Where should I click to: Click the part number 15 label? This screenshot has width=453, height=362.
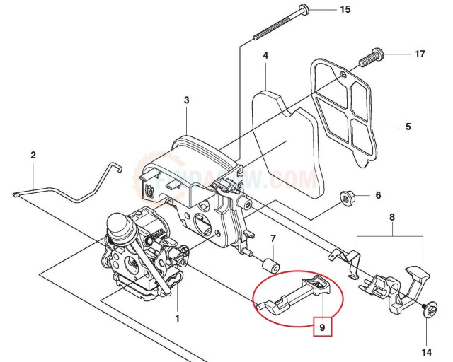click(345, 9)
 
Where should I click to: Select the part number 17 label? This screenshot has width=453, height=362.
click(420, 54)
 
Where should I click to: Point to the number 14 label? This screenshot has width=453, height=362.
click(427, 351)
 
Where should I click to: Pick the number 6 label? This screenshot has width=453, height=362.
click(378, 195)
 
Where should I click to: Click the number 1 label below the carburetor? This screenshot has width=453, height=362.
click(177, 318)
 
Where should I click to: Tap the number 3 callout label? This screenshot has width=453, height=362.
click(186, 100)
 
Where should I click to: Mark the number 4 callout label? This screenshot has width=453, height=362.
click(265, 55)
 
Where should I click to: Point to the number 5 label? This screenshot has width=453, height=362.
click(408, 127)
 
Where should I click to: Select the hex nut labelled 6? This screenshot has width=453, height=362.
click(347, 195)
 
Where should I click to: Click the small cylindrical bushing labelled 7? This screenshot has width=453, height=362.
click(269, 266)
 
